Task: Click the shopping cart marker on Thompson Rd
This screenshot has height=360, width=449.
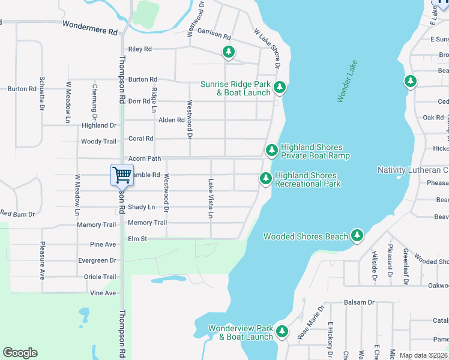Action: click(x=122, y=175)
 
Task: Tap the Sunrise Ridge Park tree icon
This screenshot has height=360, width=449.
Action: click(x=279, y=88)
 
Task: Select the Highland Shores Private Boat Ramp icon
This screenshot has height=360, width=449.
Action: click(x=271, y=149)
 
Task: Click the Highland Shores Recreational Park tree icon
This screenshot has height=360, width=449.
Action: click(x=265, y=178)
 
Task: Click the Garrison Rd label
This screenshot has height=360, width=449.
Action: click(x=214, y=36)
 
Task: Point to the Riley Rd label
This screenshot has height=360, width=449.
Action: click(x=140, y=49)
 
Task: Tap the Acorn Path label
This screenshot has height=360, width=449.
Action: click(x=145, y=159)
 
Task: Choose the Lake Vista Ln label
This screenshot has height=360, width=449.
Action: click(x=211, y=198)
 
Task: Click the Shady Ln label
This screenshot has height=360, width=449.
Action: click(x=141, y=207)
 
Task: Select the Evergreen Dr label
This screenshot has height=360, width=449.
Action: click(x=97, y=260)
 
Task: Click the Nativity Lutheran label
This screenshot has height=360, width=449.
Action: click(x=412, y=170)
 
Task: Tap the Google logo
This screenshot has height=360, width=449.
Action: click(x=20, y=353)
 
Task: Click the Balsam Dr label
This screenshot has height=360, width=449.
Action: click(x=359, y=303)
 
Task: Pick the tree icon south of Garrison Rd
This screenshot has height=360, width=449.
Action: click(x=228, y=53)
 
